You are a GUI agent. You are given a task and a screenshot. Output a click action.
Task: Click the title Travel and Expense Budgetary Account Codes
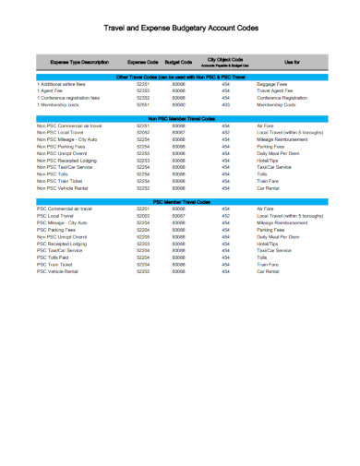(x=180, y=30)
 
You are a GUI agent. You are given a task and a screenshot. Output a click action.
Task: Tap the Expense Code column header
(x=142, y=62)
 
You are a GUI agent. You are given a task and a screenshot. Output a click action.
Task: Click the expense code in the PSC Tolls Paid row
(x=143, y=257)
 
